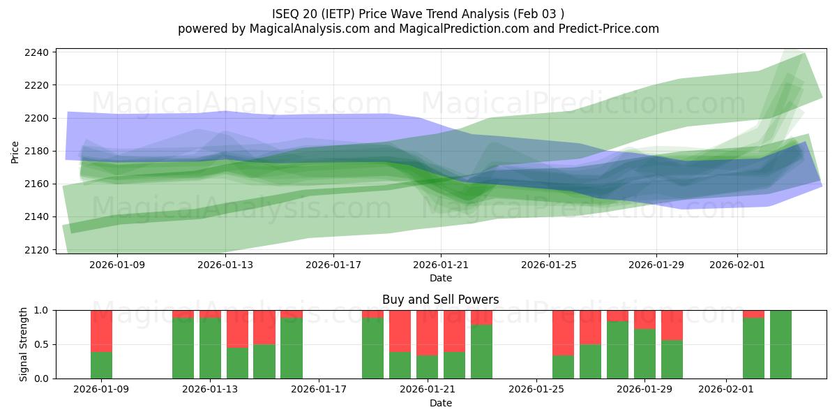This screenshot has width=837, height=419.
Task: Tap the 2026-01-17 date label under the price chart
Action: [333, 265]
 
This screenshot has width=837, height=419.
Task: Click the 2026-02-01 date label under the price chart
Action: [738, 265]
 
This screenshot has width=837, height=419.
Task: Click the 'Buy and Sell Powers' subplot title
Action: [440, 300]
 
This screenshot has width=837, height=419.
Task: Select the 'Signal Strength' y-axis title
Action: [24, 344]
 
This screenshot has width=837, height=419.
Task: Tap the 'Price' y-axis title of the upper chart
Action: [15, 151]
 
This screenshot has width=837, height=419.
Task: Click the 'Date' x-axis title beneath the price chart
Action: [440, 278]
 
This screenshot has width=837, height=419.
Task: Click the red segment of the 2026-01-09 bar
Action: [102, 331]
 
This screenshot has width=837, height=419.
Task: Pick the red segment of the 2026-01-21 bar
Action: [428, 333]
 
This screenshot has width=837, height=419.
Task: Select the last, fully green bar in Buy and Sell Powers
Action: [781, 344]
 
